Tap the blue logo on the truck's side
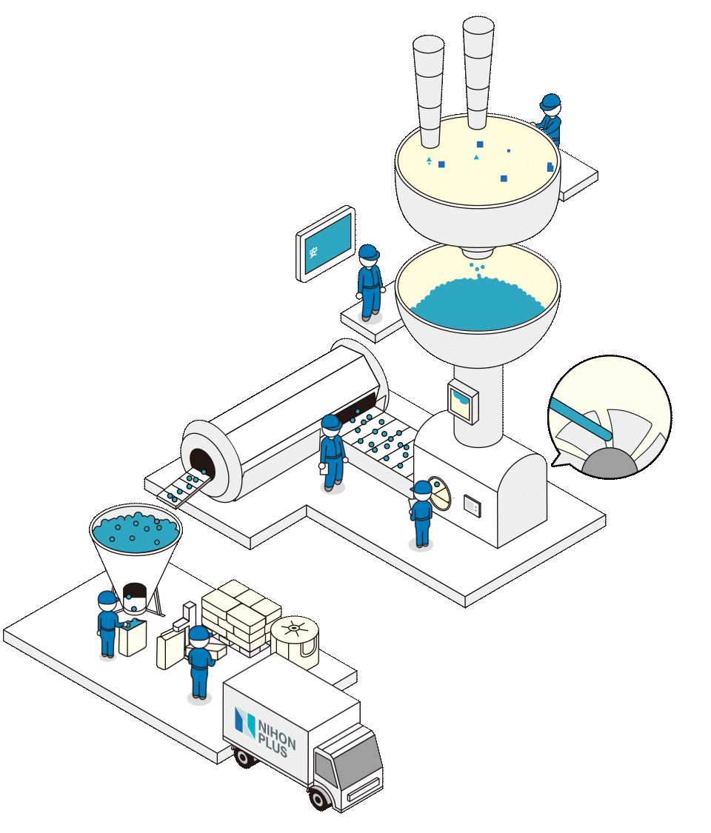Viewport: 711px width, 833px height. point(244,722)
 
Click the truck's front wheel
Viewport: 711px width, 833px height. point(319,799)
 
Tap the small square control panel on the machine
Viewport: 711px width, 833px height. point(472,506)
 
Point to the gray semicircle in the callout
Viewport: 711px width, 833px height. point(609,464)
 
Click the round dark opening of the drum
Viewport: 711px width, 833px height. point(201,464)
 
